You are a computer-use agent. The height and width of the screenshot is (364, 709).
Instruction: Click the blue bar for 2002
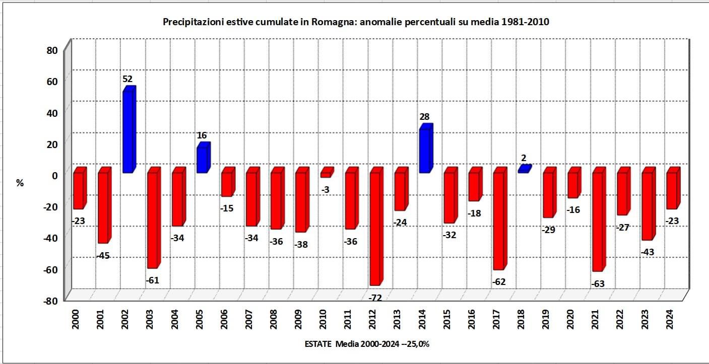coord(128,132)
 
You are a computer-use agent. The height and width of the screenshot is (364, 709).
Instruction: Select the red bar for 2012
coord(375,229)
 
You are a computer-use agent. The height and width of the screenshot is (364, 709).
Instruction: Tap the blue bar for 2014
coord(425,151)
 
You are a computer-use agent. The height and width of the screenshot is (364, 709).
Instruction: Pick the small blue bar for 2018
coord(524,170)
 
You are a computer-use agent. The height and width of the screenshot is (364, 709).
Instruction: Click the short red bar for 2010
coord(326,174)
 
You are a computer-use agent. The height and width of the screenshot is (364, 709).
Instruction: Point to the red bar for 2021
coord(598,222)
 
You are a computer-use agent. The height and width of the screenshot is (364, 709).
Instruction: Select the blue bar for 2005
coord(203,160)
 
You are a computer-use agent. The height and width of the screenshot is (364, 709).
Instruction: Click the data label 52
coord(127,79)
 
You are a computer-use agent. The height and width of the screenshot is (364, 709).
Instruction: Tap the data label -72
coord(375,298)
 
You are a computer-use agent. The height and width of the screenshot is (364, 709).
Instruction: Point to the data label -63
coord(597,284)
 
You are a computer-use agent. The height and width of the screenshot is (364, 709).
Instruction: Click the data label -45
coord(103,256)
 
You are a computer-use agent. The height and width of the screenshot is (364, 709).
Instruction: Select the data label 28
coord(424,117)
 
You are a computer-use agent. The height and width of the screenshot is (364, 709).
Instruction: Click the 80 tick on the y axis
coord(53,50)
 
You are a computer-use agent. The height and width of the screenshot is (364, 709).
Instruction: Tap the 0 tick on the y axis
coord(55,175)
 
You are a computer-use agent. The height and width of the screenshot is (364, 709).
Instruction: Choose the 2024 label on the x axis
coord(670,319)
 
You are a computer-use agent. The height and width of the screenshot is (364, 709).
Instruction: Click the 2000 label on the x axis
coord(76,319)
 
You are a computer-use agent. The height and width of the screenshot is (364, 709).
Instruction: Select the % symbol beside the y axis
coord(20,183)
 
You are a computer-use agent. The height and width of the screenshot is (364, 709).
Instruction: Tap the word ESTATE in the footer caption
coord(318,344)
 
